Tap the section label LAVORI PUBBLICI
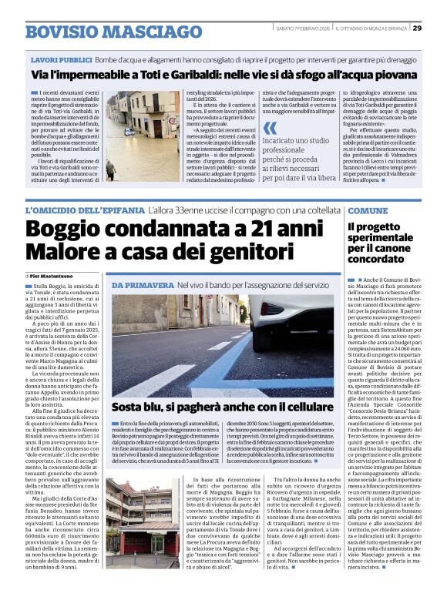[60, 59]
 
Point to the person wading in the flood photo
[112, 169]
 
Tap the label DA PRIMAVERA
[141, 286]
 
